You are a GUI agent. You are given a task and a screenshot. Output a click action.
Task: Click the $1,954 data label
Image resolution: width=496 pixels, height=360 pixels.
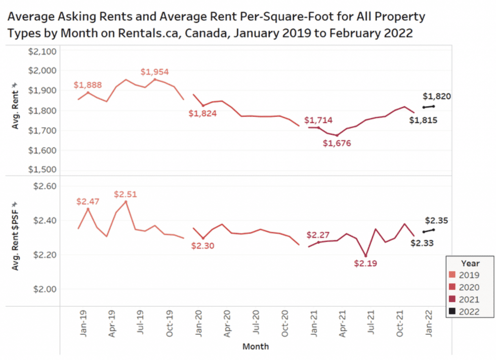154,72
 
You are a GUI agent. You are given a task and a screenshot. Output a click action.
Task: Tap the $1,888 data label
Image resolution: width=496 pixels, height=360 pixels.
88,85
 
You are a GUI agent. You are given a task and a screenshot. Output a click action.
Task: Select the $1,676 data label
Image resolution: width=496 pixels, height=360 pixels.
337,143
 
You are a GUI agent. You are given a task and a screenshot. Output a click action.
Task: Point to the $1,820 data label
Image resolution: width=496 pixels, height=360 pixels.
437,97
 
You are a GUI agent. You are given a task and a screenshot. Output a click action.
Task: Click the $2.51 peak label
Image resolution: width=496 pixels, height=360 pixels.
126,194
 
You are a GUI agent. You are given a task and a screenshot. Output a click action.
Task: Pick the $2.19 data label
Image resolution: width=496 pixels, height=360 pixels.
365,263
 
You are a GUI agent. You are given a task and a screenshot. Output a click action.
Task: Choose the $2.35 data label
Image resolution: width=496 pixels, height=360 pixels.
437,221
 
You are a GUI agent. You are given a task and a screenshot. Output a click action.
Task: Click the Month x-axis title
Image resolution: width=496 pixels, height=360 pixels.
256,347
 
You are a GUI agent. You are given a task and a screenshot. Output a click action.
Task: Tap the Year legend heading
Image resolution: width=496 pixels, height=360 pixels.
471,263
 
